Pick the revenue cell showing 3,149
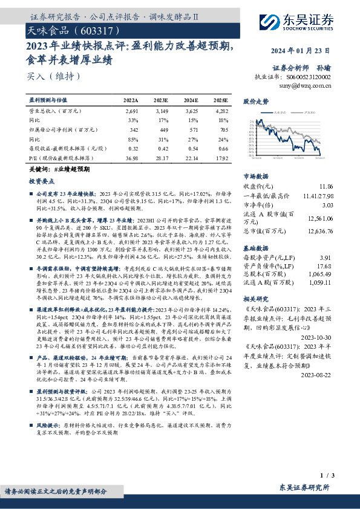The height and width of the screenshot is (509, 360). pyautogui.click(x=161, y=112)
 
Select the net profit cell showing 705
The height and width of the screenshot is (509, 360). pyautogui.click(x=223, y=129)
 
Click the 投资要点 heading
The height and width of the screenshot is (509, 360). pyautogui.click(x=41, y=181)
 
